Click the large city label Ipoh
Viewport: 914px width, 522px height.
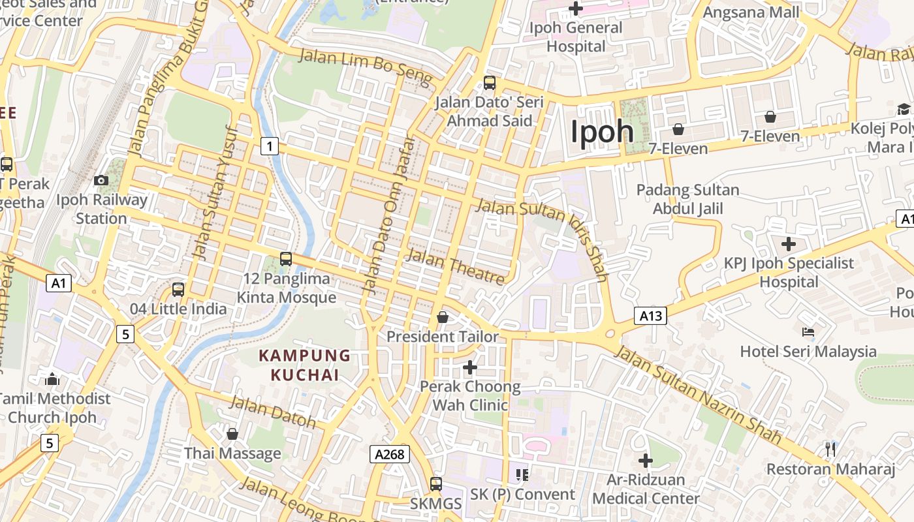(x=602, y=132)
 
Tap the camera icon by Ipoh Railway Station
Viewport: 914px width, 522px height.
(x=101, y=180)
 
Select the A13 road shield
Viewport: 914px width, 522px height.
(x=651, y=316)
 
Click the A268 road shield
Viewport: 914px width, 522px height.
(x=390, y=455)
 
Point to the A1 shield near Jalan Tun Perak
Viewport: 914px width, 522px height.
(x=59, y=283)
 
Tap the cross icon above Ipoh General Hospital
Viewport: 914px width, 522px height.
(x=576, y=8)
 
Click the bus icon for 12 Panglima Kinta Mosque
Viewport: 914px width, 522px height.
(x=286, y=258)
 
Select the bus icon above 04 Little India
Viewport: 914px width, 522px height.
(x=178, y=289)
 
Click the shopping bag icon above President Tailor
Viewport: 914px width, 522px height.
(x=443, y=317)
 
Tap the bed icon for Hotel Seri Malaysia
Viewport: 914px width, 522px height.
(x=808, y=332)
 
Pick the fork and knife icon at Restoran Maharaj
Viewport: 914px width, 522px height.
(x=830, y=449)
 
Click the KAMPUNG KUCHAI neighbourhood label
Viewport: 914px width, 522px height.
(x=305, y=365)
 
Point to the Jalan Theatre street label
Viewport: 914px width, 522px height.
(x=455, y=266)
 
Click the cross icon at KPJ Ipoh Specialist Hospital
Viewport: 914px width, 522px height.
(x=789, y=244)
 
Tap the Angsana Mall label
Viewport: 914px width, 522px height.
(x=751, y=12)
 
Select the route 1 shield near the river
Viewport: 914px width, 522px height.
(x=270, y=146)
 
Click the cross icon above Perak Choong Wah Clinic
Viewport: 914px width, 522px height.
(x=470, y=367)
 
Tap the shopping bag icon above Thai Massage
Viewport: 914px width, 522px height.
(x=232, y=434)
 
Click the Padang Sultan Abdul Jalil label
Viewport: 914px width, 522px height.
(x=687, y=199)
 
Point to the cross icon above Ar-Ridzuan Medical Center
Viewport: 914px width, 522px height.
(x=646, y=461)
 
